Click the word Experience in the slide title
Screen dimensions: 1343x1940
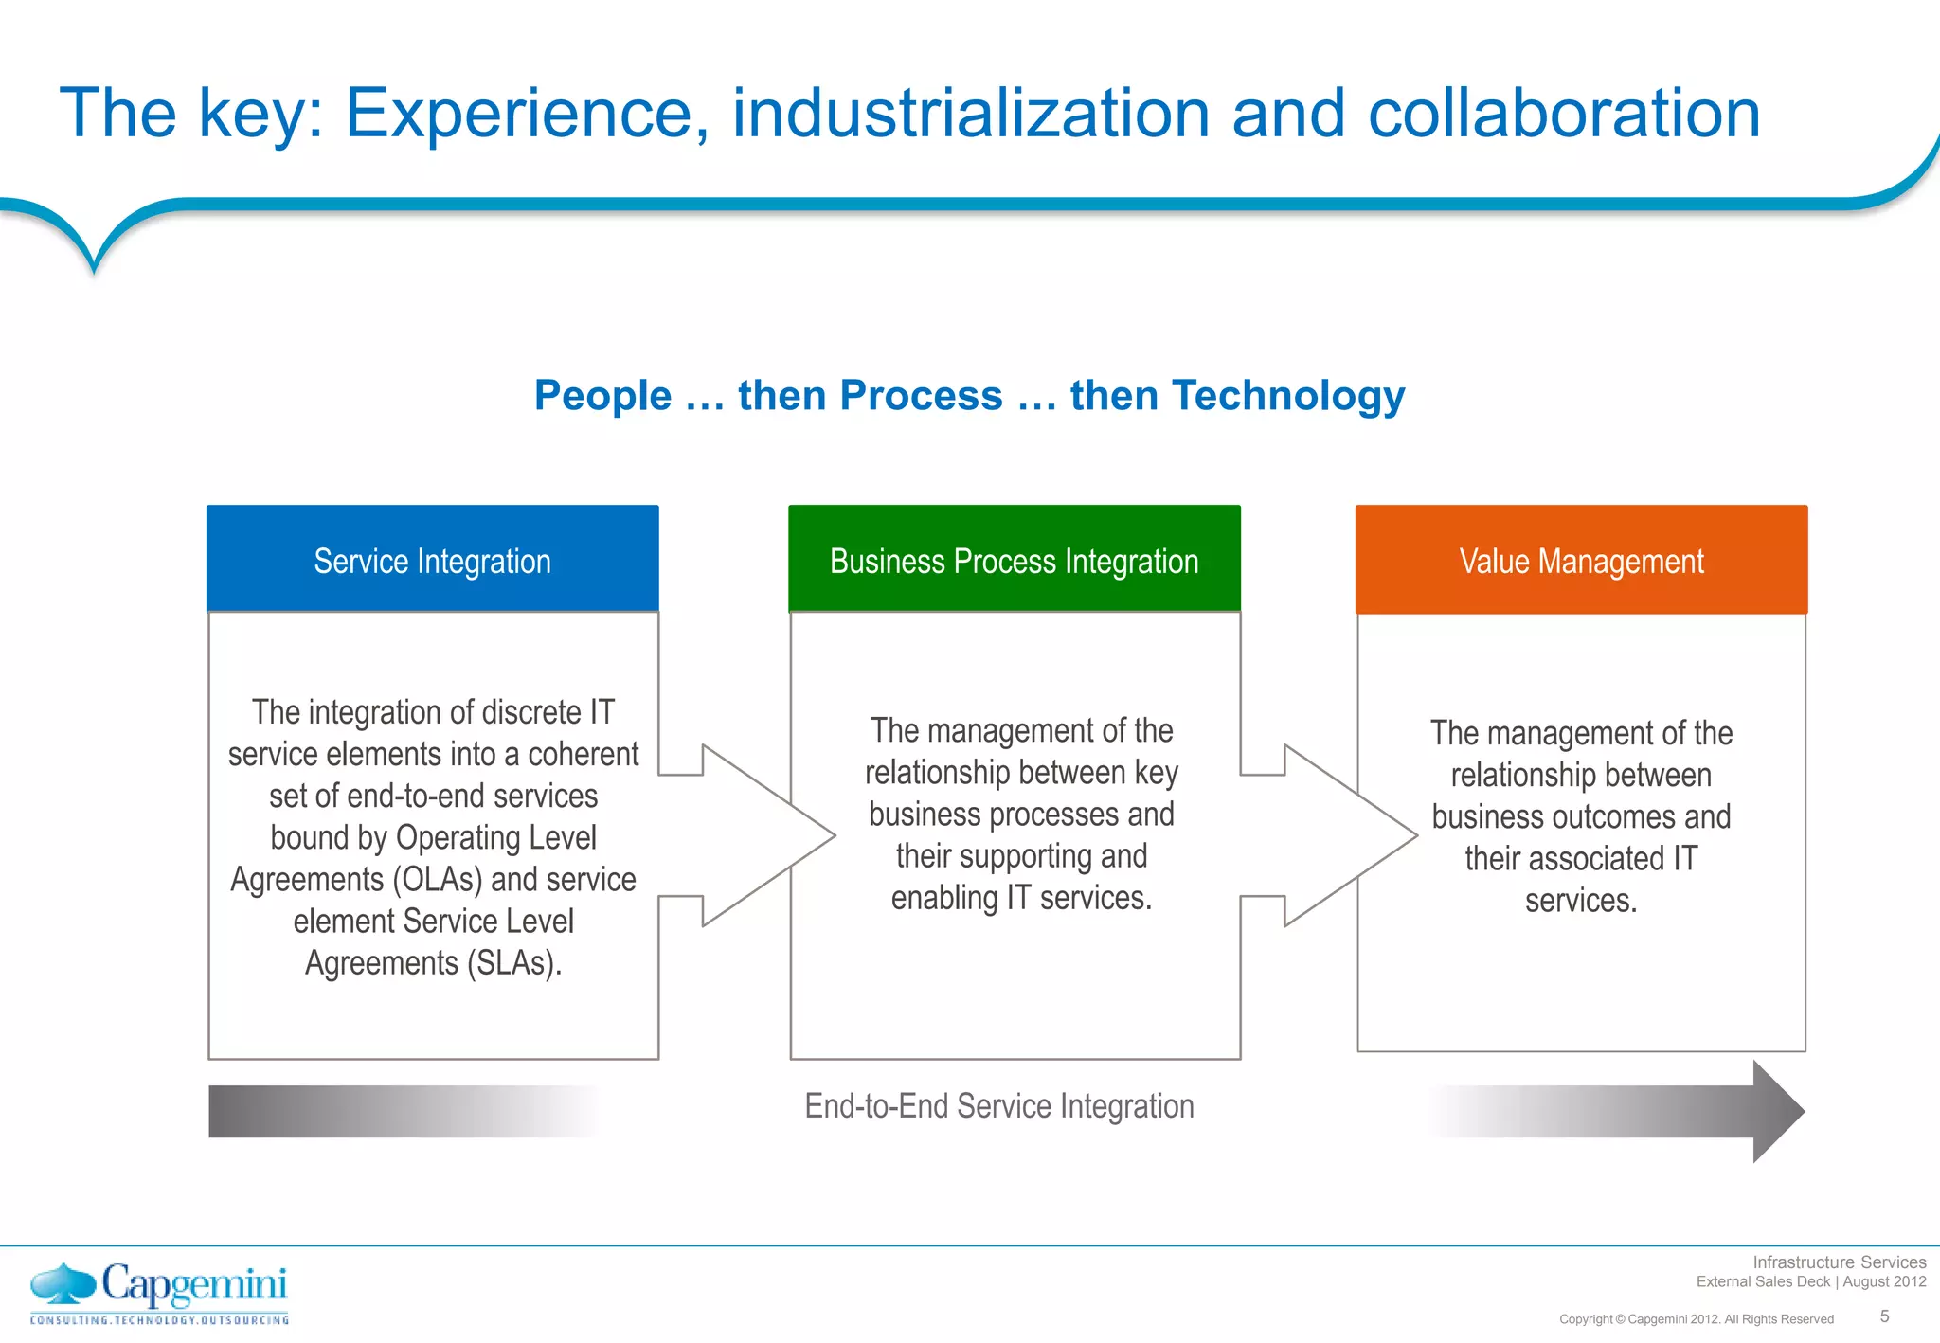click(526, 114)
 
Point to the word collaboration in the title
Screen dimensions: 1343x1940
click(1563, 114)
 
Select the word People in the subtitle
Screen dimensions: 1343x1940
click(602, 395)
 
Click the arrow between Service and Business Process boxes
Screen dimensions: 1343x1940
click(748, 835)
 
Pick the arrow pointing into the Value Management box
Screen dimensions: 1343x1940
click(1331, 835)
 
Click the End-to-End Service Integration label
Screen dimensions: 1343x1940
click(998, 1106)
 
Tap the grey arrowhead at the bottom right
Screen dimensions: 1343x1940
click(1777, 1111)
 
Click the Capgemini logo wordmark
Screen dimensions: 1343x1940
click(193, 1285)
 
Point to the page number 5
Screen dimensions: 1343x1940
click(1884, 1316)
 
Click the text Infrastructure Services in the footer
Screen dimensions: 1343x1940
click(1839, 1262)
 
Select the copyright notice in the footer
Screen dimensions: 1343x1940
click(1696, 1319)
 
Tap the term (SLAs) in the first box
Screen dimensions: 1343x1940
click(513, 963)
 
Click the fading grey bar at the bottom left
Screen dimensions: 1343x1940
click(398, 1111)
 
